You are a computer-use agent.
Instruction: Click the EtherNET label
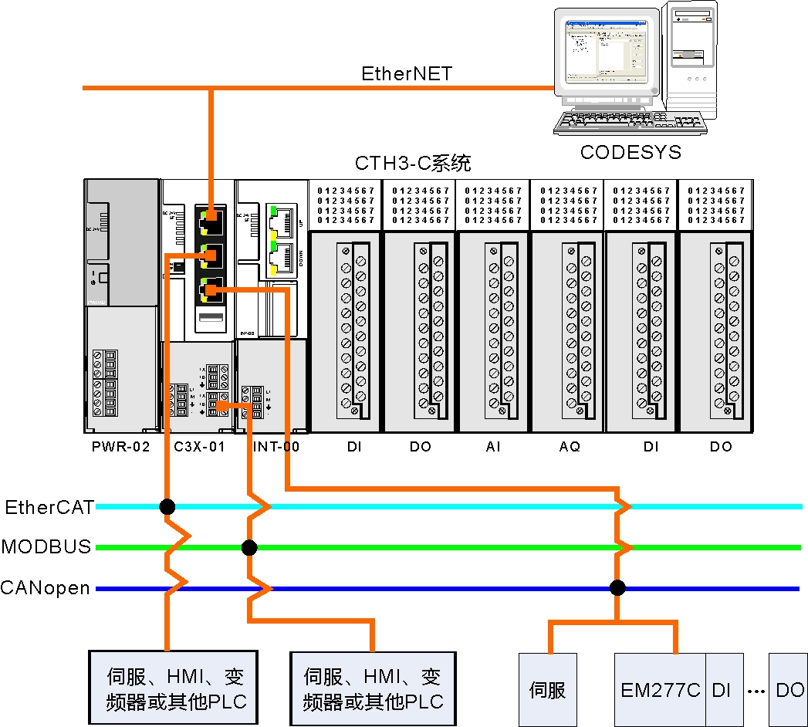tap(407, 74)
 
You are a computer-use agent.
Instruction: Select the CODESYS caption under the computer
tap(631, 152)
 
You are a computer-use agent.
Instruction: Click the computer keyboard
tap(629, 123)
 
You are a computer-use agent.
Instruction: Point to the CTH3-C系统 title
tap(413, 164)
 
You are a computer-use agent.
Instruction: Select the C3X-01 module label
tap(198, 447)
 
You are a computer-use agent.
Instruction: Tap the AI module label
tap(493, 447)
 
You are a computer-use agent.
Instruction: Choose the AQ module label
tap(569, 447)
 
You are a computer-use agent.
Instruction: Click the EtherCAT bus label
tap(49, 507)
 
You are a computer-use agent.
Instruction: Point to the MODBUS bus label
tap(46, 547)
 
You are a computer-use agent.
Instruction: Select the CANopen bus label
tap(46, 588)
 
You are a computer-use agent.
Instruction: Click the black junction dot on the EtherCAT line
tap(167, 507)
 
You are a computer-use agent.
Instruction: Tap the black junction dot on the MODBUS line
tap(248, 548)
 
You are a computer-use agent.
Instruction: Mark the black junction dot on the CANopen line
tap(617, 588)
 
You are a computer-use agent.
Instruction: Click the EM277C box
tap(660, 689)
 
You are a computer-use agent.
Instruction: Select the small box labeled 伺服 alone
tap(548, 689)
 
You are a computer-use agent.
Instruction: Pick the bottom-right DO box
tap(789, 689)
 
